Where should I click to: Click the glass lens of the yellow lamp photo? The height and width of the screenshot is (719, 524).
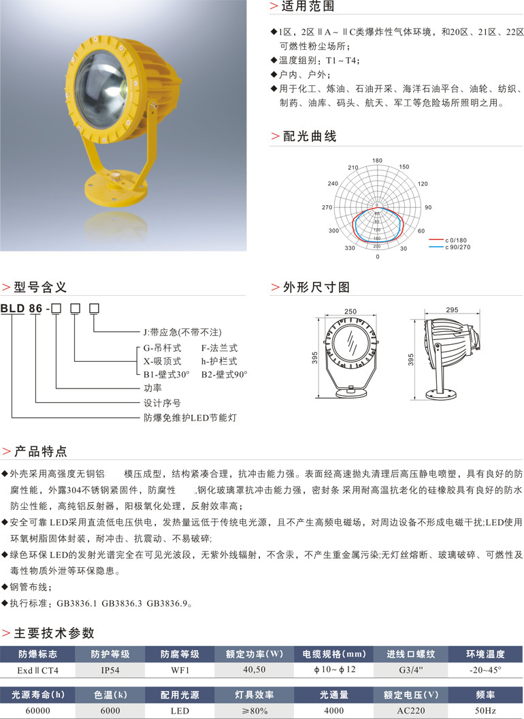coord(101,87)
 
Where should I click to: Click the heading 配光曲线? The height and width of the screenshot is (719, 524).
coord(310,136)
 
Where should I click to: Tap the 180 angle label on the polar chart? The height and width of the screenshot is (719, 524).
coord(378,161)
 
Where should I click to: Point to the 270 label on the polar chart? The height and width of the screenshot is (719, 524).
coord(327,207)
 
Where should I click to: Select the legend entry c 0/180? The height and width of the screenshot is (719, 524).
coord(457,241)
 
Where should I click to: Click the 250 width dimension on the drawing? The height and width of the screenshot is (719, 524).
coord(350,311)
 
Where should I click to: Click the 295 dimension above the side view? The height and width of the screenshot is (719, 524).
coord(451,310)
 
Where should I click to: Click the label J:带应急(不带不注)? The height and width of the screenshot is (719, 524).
coord(182,333)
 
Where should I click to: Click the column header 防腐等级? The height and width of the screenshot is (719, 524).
coord(180,654)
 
